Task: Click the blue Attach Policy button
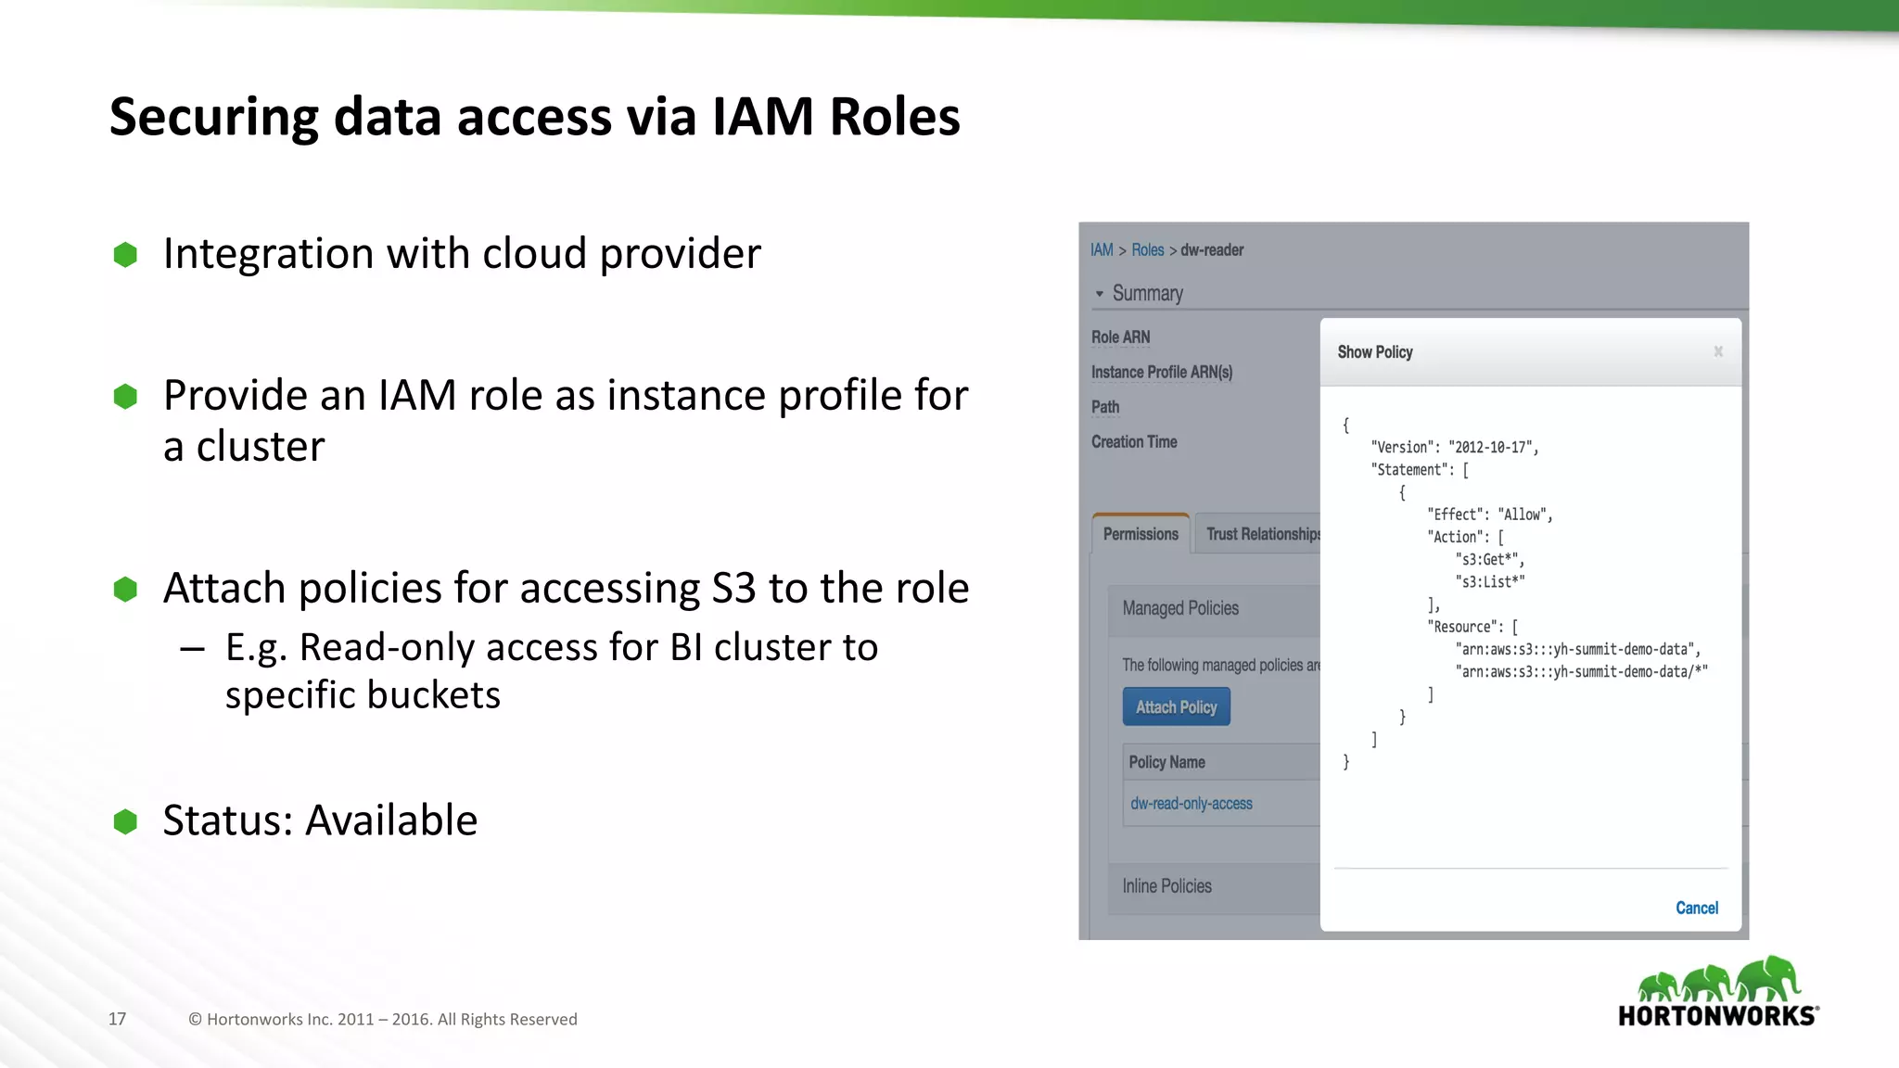coord(1176,706)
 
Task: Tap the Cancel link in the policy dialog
coord(1696,908)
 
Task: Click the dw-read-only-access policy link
coord(1191,804)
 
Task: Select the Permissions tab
coord(1141,534)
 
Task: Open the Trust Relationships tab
coord(1261,534)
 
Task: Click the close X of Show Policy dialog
coord(1718,351)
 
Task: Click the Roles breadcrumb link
coord(1147,250)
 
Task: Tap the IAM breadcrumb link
coord(1102,250)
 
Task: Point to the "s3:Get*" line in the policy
coord(1489,559)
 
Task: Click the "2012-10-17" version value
coord(1491,447)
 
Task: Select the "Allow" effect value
coord(1523,515)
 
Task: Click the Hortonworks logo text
coord(1716,1016)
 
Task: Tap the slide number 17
coord(117,1019)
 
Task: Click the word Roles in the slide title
coord(894,117)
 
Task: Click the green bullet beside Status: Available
coord(125,821)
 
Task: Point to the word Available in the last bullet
coord(391,820)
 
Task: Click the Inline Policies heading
coord(1166,886)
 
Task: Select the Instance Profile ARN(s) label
coord(1161,372)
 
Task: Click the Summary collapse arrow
coord(1100,294)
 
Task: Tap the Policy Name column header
coord(1166,762)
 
